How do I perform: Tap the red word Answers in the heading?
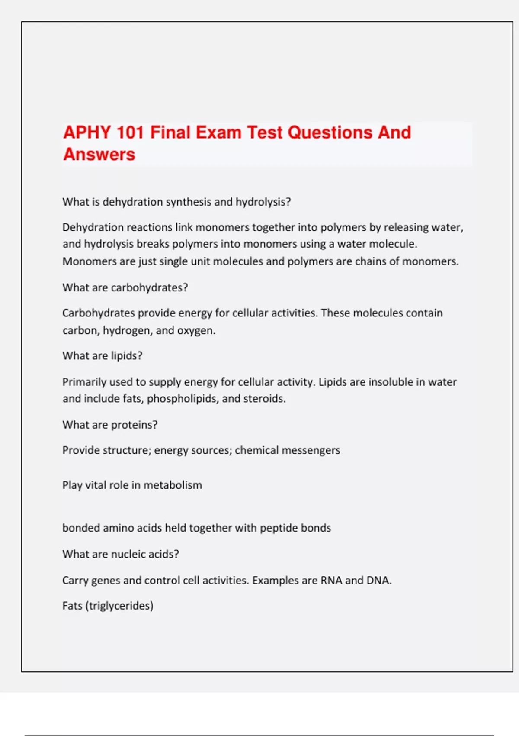point(99,155)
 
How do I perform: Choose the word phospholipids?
point(183,399)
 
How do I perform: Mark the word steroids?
point(264,399)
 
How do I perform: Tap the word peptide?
point(279,528)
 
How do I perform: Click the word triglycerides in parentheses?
point(120,606)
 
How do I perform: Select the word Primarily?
point(84,382)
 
